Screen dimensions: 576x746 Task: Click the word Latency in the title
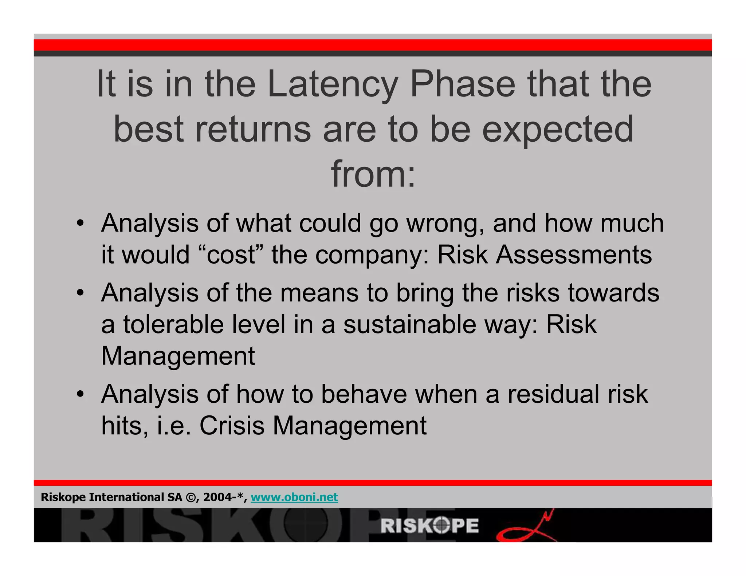click(332, 84)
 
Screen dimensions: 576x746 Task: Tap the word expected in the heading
click(558, 129)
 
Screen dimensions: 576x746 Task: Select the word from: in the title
click(373, 174)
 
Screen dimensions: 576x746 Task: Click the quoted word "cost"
click(231, 255)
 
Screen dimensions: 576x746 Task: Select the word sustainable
click(409, 324)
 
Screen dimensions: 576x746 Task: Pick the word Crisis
click(232, 425)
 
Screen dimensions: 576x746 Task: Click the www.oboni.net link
click(294, 497)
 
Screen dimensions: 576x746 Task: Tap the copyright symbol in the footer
click(191, 497)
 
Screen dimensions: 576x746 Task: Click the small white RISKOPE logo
click(429, 526)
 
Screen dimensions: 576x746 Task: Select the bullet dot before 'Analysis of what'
click(81, 223)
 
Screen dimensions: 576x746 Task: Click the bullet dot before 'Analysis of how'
click(81, 394)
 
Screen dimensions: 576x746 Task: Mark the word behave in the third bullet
click(364, 394)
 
